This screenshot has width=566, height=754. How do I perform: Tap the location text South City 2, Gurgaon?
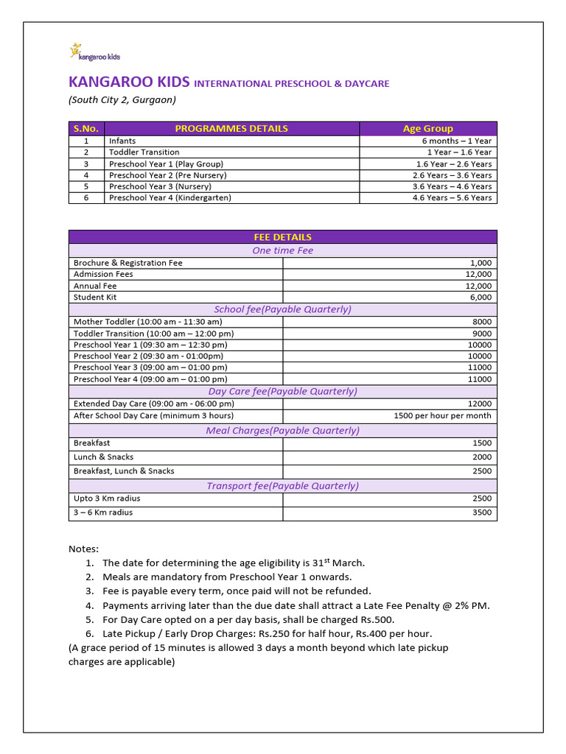tap(122, 100)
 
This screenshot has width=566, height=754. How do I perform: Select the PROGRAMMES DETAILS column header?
tap(231, 128)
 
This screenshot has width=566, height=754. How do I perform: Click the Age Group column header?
tap(427, 128)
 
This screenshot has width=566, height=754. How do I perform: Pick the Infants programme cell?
tap(122, 141)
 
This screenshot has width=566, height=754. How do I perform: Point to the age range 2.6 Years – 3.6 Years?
tap(452, 175)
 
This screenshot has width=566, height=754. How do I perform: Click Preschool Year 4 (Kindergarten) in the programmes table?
tap(170, 198)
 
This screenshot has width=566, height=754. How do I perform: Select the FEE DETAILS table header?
tap(282, 237)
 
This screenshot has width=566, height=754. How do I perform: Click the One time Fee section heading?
tap(282, 250)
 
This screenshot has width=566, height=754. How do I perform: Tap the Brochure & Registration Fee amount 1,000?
tap(480, 263)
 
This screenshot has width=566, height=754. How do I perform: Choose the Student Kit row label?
tap(95, 297)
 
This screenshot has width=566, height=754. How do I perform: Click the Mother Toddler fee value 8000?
tap(482, 322)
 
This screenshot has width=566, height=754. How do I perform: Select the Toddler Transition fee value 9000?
tap(482, 334)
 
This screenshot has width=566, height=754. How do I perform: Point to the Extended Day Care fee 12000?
tap(480, 404)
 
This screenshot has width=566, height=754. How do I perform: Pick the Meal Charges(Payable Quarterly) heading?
tap(282, 431)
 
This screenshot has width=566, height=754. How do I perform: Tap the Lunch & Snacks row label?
tap(103, 457)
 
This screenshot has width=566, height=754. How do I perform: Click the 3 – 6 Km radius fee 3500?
tap(482, 512)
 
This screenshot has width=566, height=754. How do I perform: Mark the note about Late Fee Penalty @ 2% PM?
tap(296, 605)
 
